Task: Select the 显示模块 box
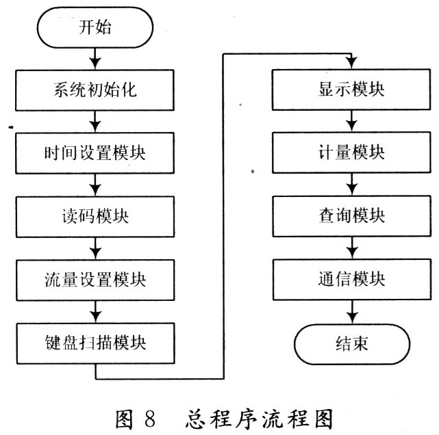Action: pyautogui.click(x=351, y=90)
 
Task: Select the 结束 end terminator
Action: pyautogui.click(x=352, y=341)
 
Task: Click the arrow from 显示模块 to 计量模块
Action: pyautogui.click(x=351, y=121)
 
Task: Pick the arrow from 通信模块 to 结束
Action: pyautogui.click(x=351, y=311)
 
